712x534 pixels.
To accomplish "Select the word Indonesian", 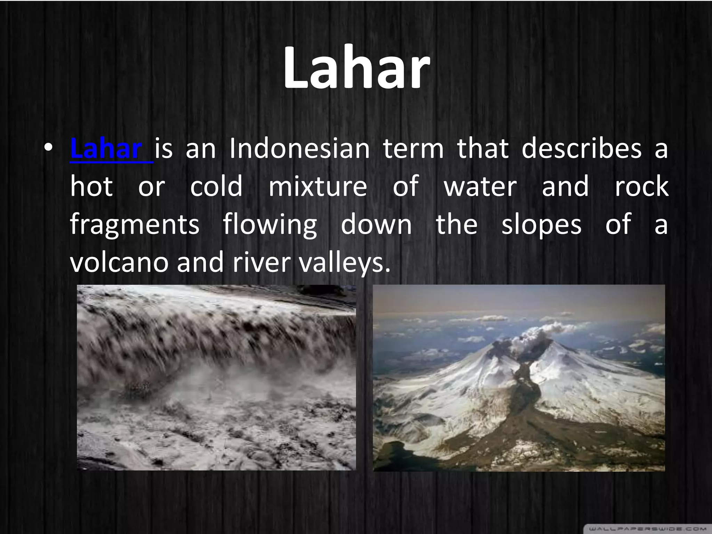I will (x=299, y=149).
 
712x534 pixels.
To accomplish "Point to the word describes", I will (x=581, y=149).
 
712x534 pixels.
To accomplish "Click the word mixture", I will (x=318, y=187).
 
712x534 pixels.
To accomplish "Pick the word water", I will (x=480, y=187).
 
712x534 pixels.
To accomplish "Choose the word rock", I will (x=641, y=187).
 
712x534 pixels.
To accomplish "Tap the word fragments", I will (x=135, y=225).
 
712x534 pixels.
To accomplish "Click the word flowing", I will (x=270, y=225).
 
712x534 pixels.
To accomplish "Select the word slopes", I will (x=541, y=225).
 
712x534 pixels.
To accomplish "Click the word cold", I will (x=216, y=187).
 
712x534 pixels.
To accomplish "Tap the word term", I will (x=413, y=149).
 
